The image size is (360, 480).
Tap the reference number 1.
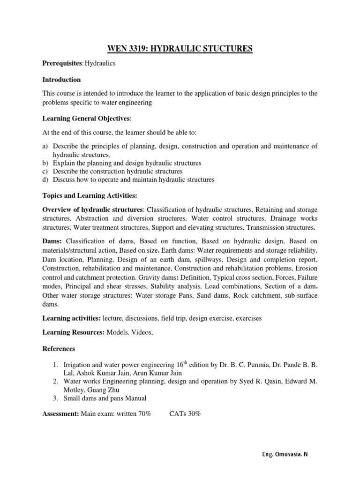click(55, 365)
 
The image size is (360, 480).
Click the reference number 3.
click(55, 398)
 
